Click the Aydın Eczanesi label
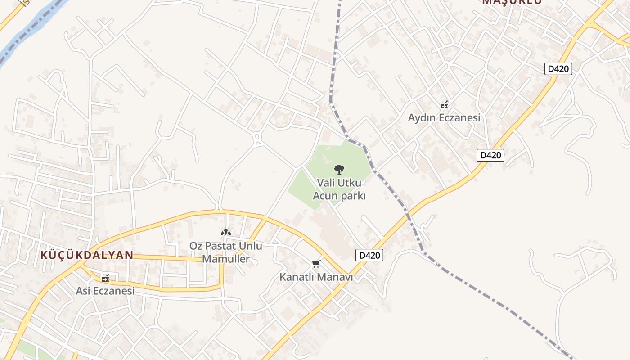coord(444,118)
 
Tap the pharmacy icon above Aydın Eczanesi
coord(444,105)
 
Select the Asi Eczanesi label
coord(105,291)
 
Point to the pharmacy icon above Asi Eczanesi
coord(105,279)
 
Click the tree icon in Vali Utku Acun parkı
coord(339,170)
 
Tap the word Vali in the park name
coord(326,183)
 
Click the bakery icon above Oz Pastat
coord(225,233)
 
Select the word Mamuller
coord(225,259)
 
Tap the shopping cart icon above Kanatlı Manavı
coord(316,264)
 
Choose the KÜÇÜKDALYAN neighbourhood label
coord(87,255)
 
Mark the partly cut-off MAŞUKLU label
coord(512,2)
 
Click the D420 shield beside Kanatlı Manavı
coord(369,255)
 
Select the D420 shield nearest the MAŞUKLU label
coord(558,69)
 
